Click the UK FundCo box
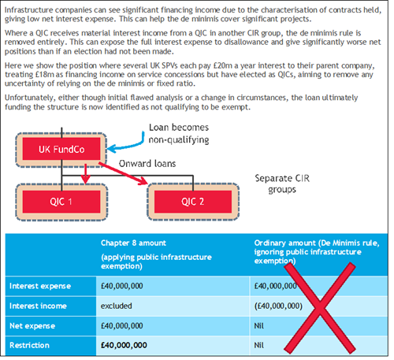(x=61, y=150)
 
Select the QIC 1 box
(x=61, y=202)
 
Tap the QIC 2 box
(x=193, y=202)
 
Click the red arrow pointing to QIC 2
(x=123, y=173)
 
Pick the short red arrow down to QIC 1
(x=86, y=174)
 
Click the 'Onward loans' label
(x=147, y=164)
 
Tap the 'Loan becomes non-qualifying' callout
(x=179, y=134)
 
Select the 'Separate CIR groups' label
(x=282, y=184)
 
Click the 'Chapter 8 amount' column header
(x=133, y=243)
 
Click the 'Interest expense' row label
(x=40, y=286)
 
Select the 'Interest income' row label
(x=38, y=306)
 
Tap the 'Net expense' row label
(x=32, y=326)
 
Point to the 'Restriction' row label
(x=29, y=346)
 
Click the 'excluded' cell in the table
(x=117, y=306)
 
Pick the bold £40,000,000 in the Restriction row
(x=124, y=346)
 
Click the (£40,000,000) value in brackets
(x=278, y=306)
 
